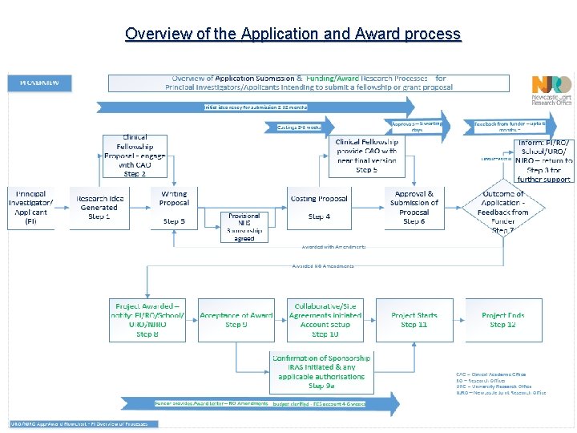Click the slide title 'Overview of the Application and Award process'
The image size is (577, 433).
click(x=293, y=34)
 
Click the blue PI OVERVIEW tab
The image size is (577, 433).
click(x=39, y=83)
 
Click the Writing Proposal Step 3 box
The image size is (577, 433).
click(x=174, y=207)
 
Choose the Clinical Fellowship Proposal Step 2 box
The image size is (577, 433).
click(x=135, y=156)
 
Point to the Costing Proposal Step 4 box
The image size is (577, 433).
click(x=318, y=207)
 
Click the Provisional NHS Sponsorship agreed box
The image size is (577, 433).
click(x=244, y=227)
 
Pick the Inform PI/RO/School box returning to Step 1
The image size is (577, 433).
click(x=543, y=160)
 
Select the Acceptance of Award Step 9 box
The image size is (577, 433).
click(x=236, y=320)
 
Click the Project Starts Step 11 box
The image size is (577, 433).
click(x=414, y=320)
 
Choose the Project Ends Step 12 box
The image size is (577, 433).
click(x=502, y=320)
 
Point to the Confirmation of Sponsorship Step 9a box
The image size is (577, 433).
click(x=321, y=371)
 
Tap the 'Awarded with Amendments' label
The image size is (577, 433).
click(x=333, y=247)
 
